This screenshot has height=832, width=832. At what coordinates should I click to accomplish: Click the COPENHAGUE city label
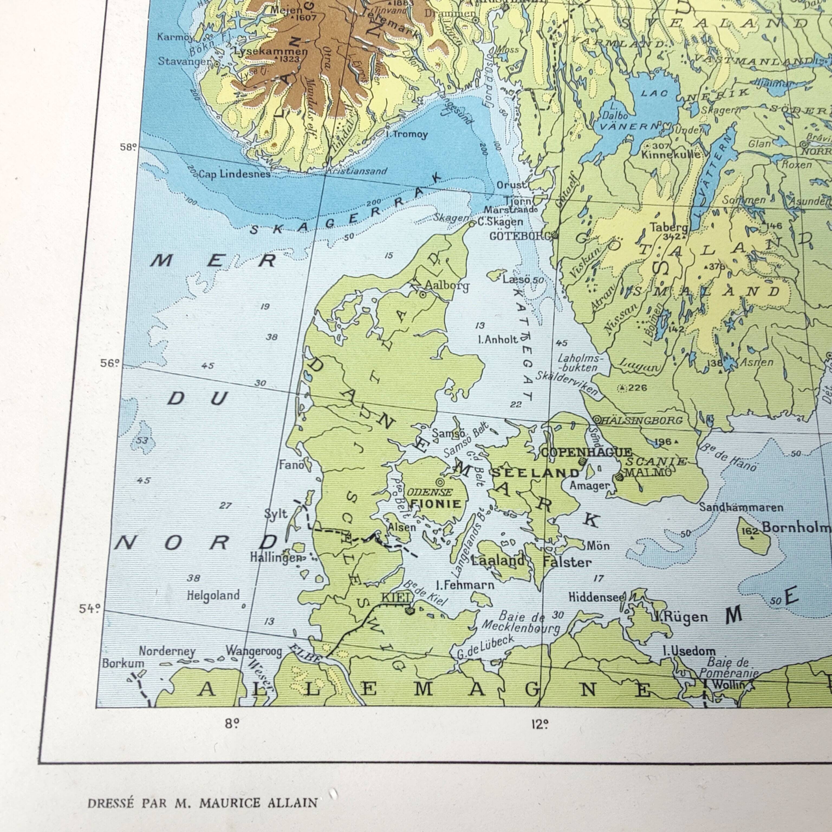coord(587,453)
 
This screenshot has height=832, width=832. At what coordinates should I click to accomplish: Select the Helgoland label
coord(213,596)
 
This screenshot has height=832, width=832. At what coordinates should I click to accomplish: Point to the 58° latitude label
coord(128,147)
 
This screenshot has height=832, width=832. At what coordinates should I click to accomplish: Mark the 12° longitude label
coord(539,725)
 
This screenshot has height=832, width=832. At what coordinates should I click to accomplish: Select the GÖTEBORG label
coord(520,236)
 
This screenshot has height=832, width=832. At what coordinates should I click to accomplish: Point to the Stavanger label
coord(184,61)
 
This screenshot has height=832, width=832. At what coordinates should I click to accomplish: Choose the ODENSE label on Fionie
coord(430,492)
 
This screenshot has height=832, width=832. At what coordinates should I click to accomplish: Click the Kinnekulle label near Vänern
coord(671,154)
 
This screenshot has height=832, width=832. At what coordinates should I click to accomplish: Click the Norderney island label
coord(167,652)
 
